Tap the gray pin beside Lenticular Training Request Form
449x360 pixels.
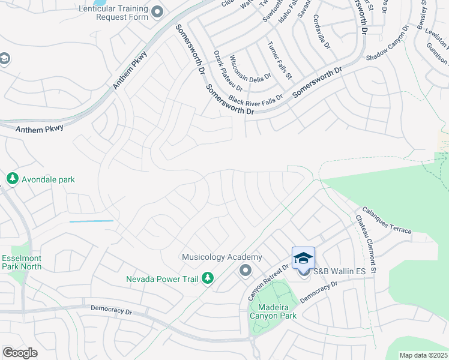pyautogui.click(x=158, y=11)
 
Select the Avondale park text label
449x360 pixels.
pyautogui.click(x=48, y=179)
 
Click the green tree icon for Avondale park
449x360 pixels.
pyautogui.click(x=12, y=179)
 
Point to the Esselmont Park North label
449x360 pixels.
pyautogui.click(x=21, y=263)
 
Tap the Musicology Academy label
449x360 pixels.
pyautogui.click(x=222, y=257)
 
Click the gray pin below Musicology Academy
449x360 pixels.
pyautogui.click(x=245, y=271)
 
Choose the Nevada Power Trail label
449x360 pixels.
pyautogui.click(x=162, y=278)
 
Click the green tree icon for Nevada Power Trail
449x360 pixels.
pyautogui.click(x=207, y=278)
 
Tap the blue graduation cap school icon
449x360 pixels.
pyautogui.click(x=303, y=258)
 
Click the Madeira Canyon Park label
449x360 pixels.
pyautogui.click(x=273, y=311)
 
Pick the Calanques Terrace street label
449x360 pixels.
pyautogui.click(x=387, y=221)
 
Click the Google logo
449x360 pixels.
pyautogui.click(x=20, y=353)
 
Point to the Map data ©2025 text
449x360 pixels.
pyautogui.click(x=423, y=355)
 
